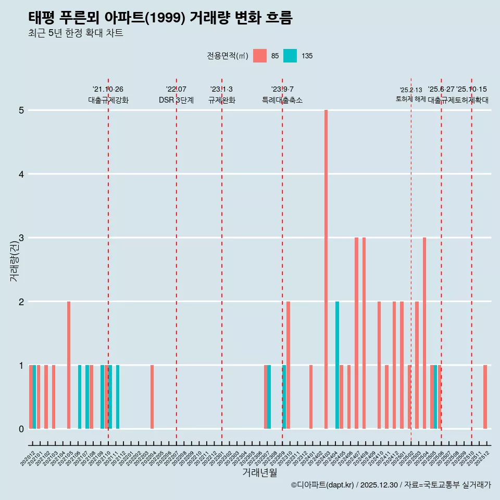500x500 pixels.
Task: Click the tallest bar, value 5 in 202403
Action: [326, 269]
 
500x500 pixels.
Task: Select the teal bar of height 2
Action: [337, 365]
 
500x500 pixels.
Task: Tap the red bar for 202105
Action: [69, 365]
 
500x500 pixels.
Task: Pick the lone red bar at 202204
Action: [152, 397]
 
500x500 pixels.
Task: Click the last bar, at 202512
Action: [485, 397]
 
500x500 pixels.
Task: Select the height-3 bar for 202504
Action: [424, 333]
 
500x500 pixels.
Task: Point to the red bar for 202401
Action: [311, 397]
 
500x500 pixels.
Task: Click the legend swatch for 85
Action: [259, 56]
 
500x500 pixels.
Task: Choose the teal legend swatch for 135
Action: [290, 56]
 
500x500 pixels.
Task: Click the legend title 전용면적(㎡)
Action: [228, 56]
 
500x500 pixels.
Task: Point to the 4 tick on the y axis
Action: [21, 174]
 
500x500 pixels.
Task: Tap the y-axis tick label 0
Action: [21, 429]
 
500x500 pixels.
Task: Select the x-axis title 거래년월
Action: [259, 472]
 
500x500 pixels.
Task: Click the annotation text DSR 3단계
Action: [176, 101]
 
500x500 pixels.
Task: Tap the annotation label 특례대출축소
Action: [282, 101]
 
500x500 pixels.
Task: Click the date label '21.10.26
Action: [108, 90]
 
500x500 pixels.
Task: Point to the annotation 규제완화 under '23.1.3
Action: [222, 101]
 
